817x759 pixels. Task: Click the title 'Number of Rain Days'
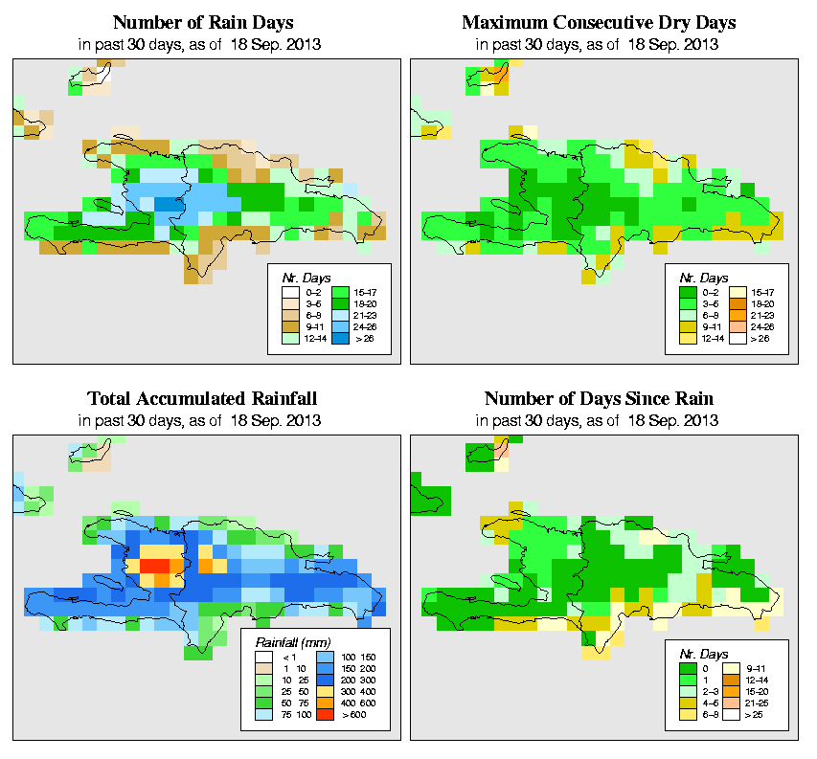[x=203, y=22]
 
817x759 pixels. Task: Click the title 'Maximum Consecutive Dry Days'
[x=599, y=22]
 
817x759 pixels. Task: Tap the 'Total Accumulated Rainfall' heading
[x=203, y=398]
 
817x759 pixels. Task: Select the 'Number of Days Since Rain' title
[x=599, y=398]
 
